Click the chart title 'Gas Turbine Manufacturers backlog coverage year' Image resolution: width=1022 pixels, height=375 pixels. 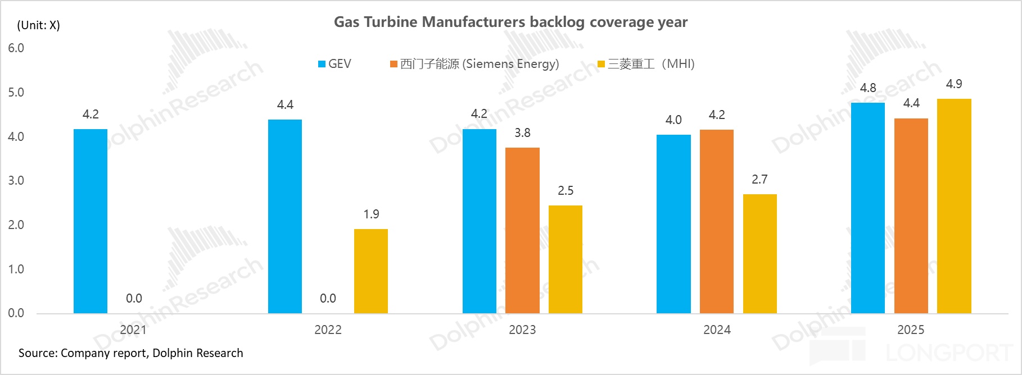point(510,22)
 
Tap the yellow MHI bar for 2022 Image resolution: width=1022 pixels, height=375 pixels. point(371,271)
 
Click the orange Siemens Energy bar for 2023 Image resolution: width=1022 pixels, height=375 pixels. point(522,230)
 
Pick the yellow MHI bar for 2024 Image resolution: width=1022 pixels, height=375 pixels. point(759,253)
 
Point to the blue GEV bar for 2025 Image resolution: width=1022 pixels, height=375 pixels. point(867,208)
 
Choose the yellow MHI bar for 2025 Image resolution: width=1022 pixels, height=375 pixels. point(954,205)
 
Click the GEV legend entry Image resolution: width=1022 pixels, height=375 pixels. point(335,64)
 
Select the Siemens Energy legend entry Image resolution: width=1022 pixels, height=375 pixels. point(475,64)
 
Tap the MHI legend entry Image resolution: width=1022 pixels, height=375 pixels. point(646,64)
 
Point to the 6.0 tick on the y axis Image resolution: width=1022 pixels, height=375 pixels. point(16,48)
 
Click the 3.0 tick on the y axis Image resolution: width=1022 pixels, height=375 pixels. point(16,181)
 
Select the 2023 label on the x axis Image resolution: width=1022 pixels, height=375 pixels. point(522,330)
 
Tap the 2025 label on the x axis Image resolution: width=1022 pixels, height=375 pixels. point(911,330)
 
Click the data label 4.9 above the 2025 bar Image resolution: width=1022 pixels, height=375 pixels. point(954,84)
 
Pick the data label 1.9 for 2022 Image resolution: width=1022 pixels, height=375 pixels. point(371,214)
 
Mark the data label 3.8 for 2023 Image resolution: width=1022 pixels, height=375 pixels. point(522,133)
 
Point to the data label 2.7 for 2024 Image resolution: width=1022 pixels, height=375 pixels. point(759,180)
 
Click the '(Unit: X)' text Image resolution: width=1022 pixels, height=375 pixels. point(38,25)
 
